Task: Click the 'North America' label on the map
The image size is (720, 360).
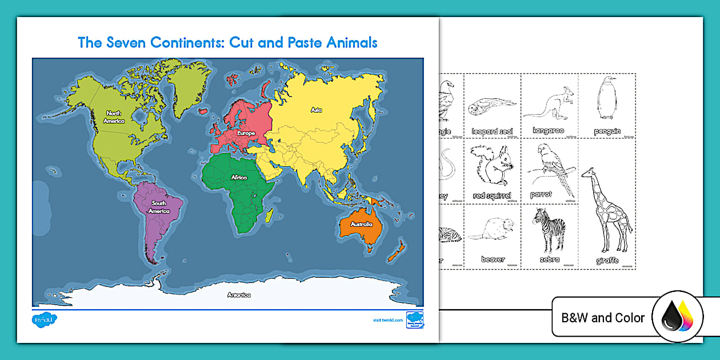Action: pos(114,117)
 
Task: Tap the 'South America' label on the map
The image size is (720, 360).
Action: pos(159,207)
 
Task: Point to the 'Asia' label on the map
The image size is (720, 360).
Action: pos(316,109)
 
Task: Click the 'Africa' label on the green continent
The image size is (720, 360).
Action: pos(239,177)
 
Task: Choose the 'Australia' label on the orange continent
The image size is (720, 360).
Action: pos(362,224)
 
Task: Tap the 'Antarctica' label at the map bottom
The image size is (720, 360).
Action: pos(239,295)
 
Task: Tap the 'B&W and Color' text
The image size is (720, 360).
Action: pos(603,318)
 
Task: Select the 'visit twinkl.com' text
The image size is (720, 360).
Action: pos(387,320)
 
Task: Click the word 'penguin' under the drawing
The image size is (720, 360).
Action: pos(607,131)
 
